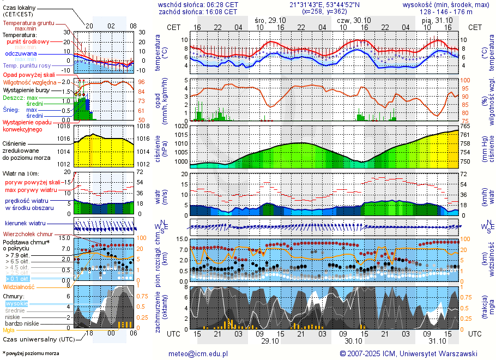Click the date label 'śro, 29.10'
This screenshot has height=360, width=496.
[x=270, y=20]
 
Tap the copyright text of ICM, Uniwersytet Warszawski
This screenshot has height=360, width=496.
[x=408, y=353]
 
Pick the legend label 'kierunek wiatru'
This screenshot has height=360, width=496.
[x=25, y=224]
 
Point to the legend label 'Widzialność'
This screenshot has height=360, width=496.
[x=19, y=286]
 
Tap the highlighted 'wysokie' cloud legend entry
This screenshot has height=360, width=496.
[x=16, y=303]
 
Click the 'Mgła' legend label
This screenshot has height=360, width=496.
[x=9, y=330]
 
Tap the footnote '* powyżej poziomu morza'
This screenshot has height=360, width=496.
[x=31, y=353]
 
